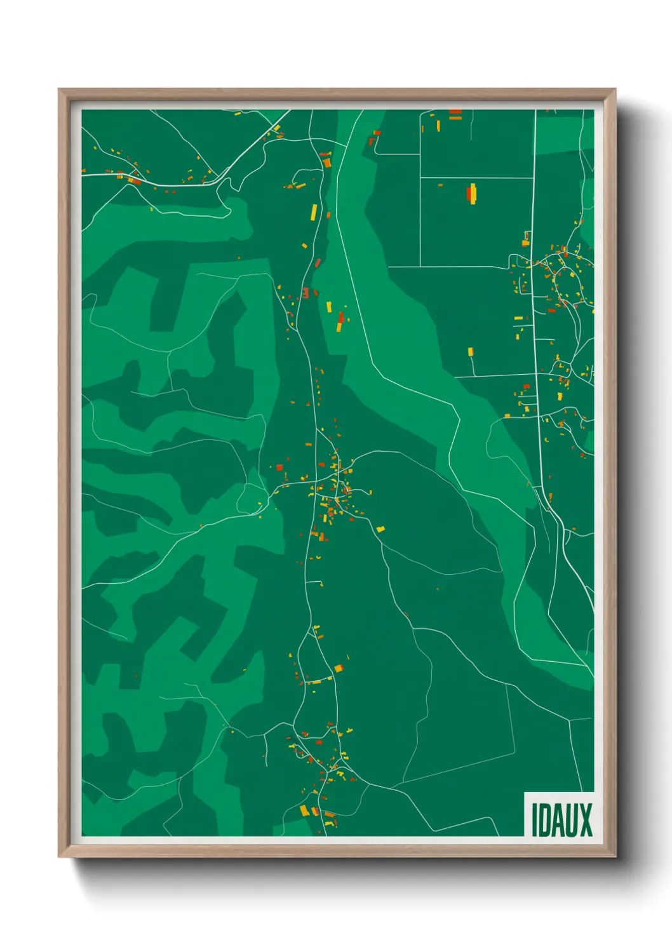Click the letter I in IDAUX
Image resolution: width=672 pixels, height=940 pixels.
[x=534, y=820]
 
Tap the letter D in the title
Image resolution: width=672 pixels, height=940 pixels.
[x=544, y=820]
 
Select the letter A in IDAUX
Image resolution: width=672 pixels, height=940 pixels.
[x=559, y=820]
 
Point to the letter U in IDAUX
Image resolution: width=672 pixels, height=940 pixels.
[x=572, y=820]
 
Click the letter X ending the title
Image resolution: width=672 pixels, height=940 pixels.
[x=586, y=820]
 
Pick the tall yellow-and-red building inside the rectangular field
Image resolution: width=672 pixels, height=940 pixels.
[x=472, y=193]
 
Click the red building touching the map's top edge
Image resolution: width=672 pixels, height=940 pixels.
[x=455, y=112]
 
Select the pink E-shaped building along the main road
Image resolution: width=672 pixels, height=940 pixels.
[x=306, y=293]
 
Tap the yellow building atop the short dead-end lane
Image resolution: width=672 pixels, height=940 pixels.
[x=471, y=351]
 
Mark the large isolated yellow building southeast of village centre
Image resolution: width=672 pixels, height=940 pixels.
[x=380, y=528]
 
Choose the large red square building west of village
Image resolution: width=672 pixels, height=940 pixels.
[x=279, y=467]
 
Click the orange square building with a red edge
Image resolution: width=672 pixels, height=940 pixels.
[x=339, y=668]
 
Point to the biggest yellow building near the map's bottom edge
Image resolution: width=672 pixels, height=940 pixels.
[x=304, y=810]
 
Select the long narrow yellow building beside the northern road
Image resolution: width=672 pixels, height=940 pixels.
[x=314, y=211]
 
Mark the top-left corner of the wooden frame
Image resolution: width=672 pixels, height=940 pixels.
[x=59, y=90]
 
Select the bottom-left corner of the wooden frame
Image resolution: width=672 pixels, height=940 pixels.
[x=59, y=857]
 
